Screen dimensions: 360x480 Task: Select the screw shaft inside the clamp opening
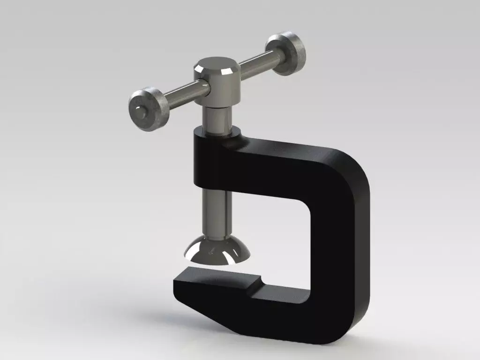[x=217, y=211]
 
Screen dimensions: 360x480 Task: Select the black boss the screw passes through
[x=211, y=162]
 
